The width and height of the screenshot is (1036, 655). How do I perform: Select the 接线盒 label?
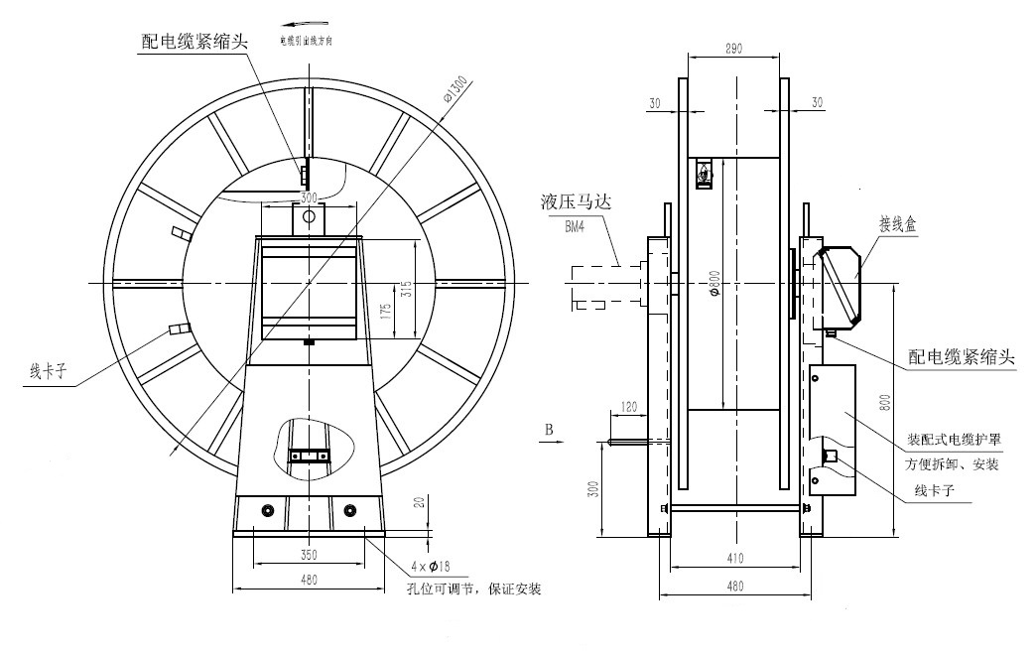[896, 224]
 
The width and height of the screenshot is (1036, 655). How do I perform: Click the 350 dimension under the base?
[308, 554]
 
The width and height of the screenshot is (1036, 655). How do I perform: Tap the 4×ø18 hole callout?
[431, 567]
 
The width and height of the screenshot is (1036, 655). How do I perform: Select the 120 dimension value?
[627, 407]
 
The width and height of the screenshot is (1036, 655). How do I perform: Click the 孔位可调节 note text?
[474, 589]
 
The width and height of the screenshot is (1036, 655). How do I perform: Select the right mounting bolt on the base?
[349, 510]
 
